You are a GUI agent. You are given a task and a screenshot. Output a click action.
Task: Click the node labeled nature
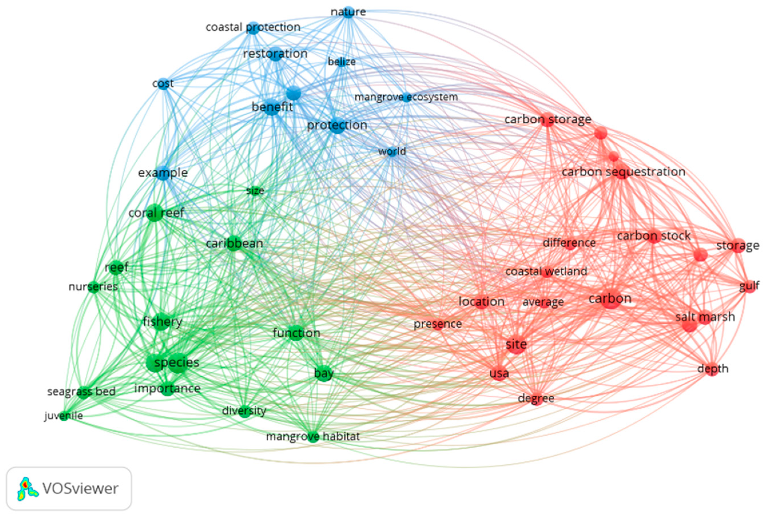[348, 12]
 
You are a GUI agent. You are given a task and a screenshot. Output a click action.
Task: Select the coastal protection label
[253, 27]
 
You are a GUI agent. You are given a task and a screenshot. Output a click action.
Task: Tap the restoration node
[276, 54]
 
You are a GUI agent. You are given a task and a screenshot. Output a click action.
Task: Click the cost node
[164, 84]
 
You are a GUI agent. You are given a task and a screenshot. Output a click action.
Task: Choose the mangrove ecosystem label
[406, 97]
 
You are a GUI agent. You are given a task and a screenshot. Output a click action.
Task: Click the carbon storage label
[548, 119]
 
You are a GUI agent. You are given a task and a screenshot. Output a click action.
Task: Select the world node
[392, 152]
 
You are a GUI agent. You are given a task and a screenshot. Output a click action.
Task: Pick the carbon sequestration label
[623, 172]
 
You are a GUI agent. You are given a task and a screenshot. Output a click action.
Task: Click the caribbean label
[234, 243]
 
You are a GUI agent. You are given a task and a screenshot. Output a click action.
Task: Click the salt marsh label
[705, 317]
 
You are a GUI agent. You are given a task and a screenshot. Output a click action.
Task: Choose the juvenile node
[64, 416]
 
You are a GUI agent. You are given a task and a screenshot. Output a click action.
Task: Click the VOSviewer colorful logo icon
[27, 489]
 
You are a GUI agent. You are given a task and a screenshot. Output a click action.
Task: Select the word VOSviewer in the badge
[80, 489]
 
